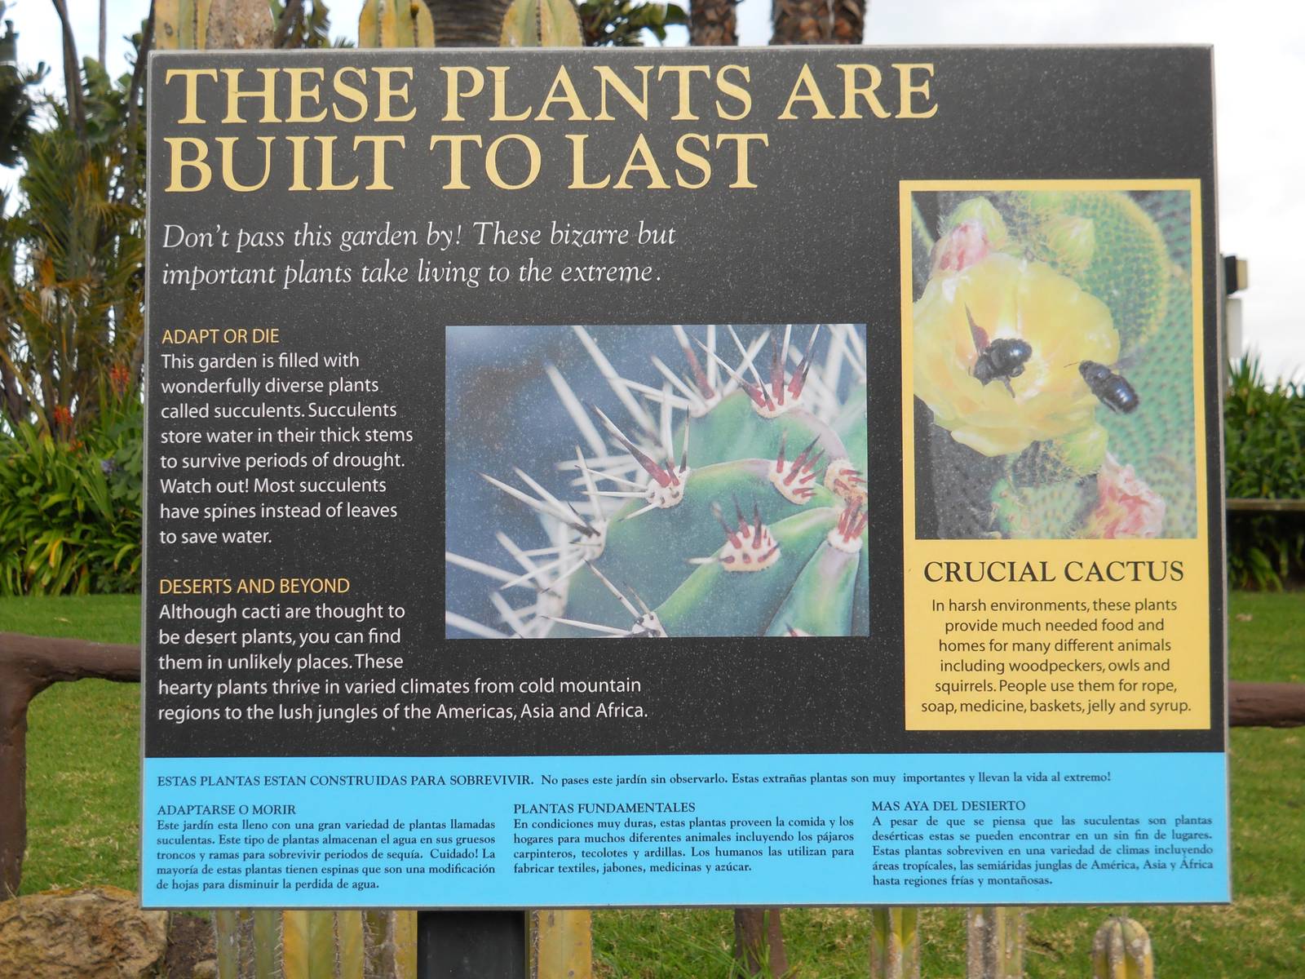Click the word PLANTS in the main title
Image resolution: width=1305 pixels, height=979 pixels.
[x=595, y=94]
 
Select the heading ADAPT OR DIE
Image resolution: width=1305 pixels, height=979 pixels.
[x=220, y=336]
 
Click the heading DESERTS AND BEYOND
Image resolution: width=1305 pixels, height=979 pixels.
[x=254, y=586]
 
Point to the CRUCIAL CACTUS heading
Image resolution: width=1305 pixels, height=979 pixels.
[x=1053, y=572]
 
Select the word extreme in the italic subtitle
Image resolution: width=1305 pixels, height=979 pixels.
[x=608, y=272]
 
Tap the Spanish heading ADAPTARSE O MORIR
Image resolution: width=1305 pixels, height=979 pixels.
[x=227, y=810]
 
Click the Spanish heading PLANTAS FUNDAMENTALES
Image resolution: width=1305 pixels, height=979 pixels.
[x=604, y=808]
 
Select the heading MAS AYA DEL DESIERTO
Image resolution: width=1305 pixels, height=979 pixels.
[x=948, y=806]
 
